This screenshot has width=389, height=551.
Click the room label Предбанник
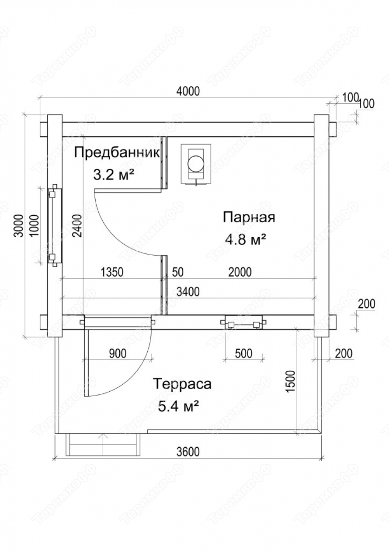[117, 153]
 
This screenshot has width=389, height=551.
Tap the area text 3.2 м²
[114, 175]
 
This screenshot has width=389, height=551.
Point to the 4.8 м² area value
[246, 239]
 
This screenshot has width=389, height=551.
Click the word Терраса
[182, 384]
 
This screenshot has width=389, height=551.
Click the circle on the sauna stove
[196, 163]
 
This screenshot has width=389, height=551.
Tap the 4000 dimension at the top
[188, 91]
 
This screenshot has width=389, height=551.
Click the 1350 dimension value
[112, 272]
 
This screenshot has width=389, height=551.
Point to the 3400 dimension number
[188, 292]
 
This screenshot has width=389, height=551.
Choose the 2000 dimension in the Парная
[240, 272]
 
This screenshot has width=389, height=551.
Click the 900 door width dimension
[118, 354]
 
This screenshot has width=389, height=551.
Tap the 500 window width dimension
[244, 354]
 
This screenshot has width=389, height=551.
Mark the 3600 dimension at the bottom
[188, 452]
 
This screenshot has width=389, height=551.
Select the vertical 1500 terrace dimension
[291, 381]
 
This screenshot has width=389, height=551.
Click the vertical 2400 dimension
[77, 225]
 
